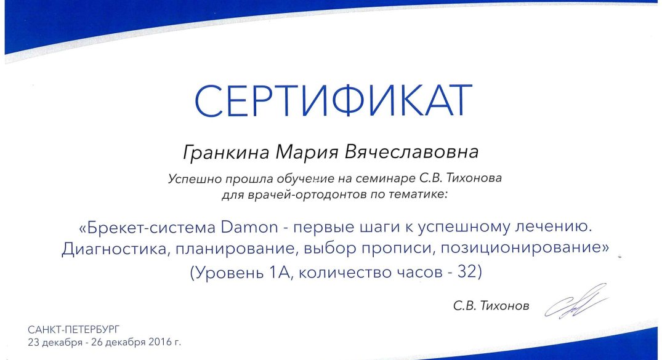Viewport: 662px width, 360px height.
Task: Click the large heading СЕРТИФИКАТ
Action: [x=333, y=101]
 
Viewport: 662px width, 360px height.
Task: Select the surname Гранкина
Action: [x=226, y=152]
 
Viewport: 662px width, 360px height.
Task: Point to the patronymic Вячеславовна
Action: [x=411, y=151]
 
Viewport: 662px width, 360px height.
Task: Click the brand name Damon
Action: [x=249, y=228]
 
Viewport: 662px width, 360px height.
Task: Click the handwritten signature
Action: [x=577, y=302]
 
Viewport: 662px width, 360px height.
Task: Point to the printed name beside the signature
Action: [x=491, y=305]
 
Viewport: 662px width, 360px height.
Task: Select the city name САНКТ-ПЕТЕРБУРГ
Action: [x=74, y=329]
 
